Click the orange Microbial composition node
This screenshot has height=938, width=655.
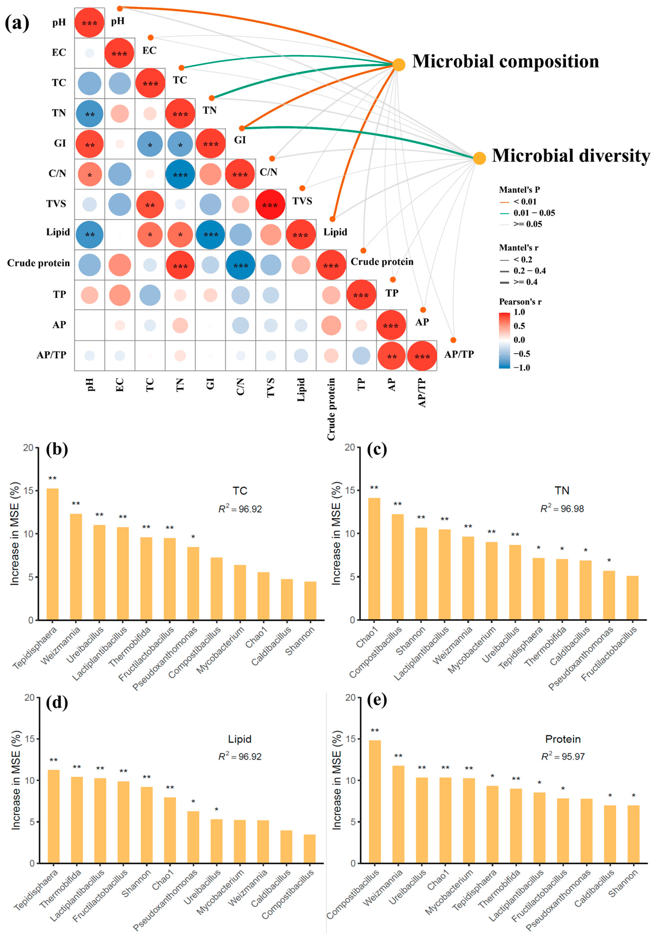399,65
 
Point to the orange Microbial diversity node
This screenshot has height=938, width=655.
479,158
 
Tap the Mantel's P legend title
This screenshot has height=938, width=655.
519,190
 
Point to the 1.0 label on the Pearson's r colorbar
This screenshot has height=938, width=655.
519,312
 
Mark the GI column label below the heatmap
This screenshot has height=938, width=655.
210,384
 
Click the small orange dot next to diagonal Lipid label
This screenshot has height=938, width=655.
332,219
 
